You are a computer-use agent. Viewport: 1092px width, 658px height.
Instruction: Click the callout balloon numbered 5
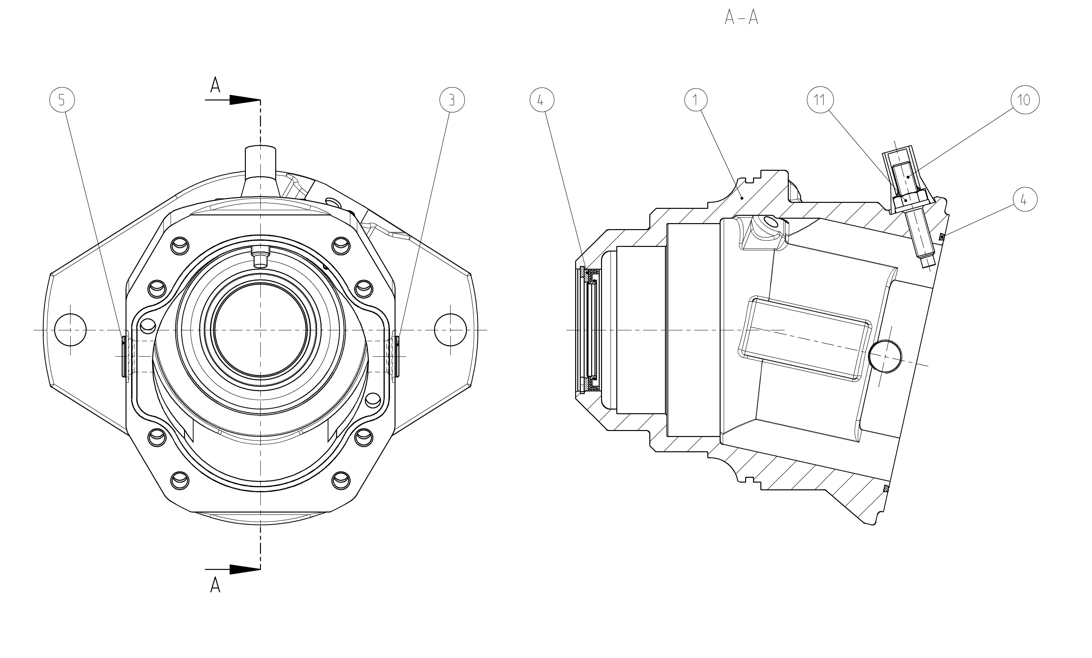point(62,100)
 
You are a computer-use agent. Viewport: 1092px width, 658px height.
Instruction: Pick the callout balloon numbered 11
point(820,100)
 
